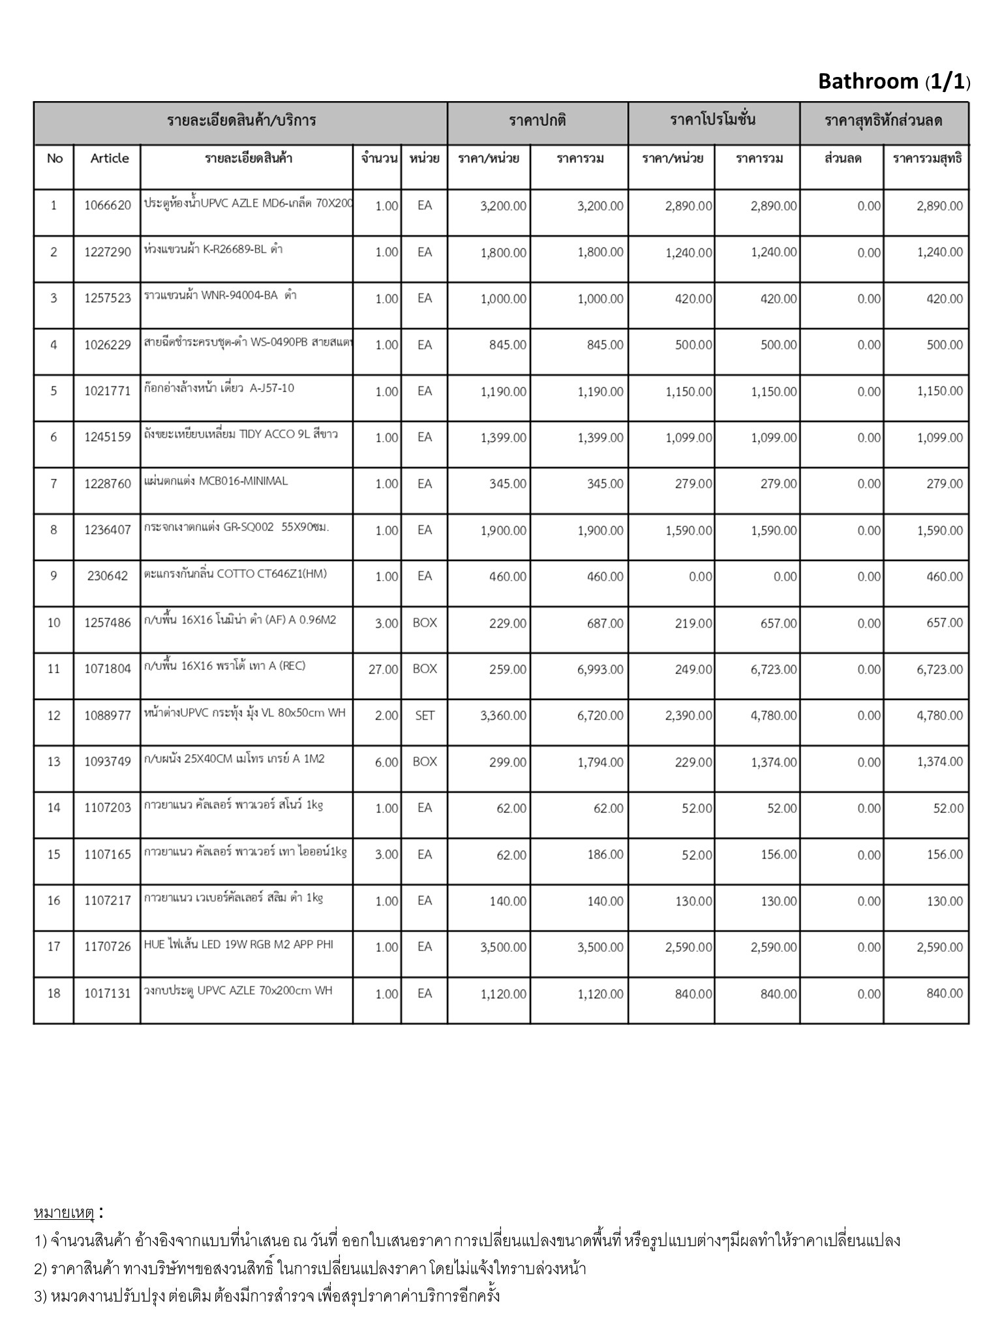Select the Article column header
coord(110,159)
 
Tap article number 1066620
coord(108,206)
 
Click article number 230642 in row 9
coord(108,576)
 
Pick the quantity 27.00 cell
coord(383,669)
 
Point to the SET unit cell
coord(425,716)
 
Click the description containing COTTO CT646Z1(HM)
coord(235,575)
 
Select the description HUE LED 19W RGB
coord(239,945)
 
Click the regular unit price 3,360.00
coord(503,716)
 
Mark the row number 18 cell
coord(53,994)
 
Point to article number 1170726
coord(108,947)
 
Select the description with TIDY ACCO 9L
coord(241,434)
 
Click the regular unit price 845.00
coord(508,345)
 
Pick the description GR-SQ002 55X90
coord(237,528)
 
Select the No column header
coord(55,159)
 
